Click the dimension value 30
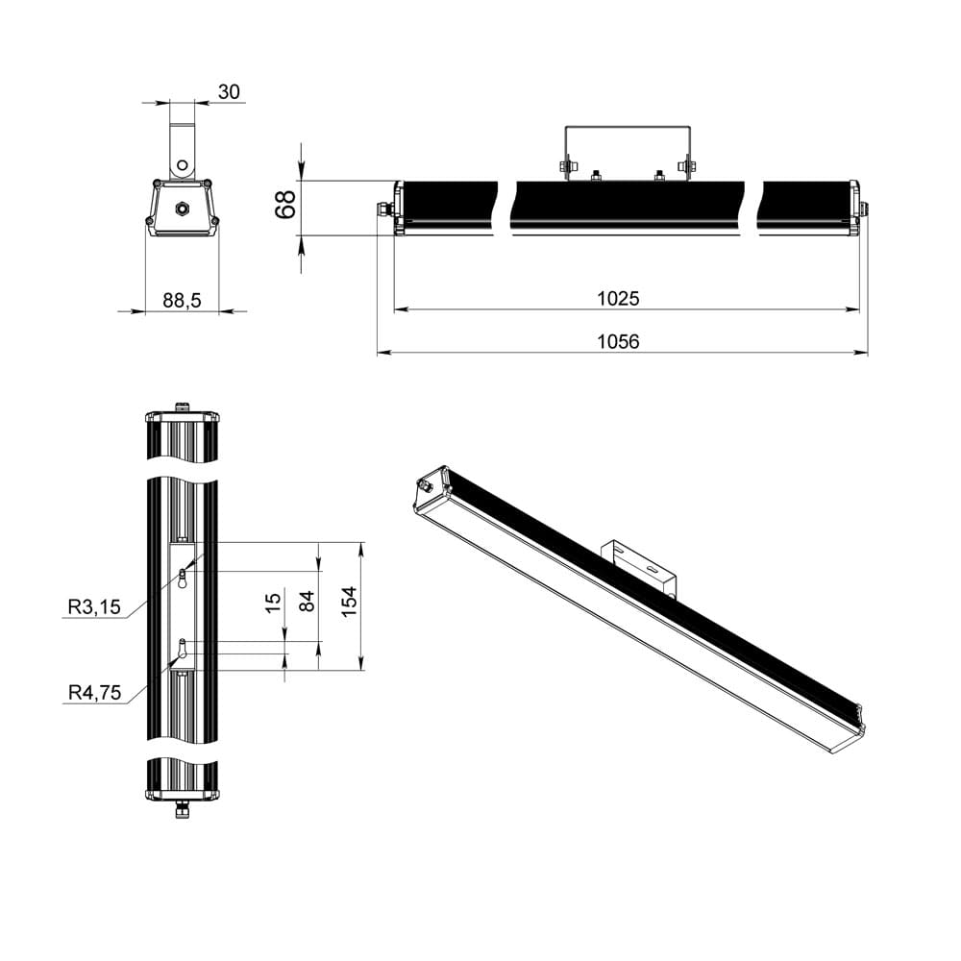[229, 91]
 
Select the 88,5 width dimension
[182, 301]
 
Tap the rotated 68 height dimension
[285, 206]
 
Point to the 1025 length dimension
[618, 298]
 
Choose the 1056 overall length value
[618, 341]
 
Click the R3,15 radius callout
[93, 607]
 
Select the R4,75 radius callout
[93, 692]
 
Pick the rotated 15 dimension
[274, 602]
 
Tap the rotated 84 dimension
[307, 602]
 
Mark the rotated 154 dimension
[349, 600]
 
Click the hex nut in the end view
[181, 207]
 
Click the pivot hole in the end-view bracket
[182, 163]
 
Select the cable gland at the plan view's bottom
[181, 811]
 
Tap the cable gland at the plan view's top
[181, 407]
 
